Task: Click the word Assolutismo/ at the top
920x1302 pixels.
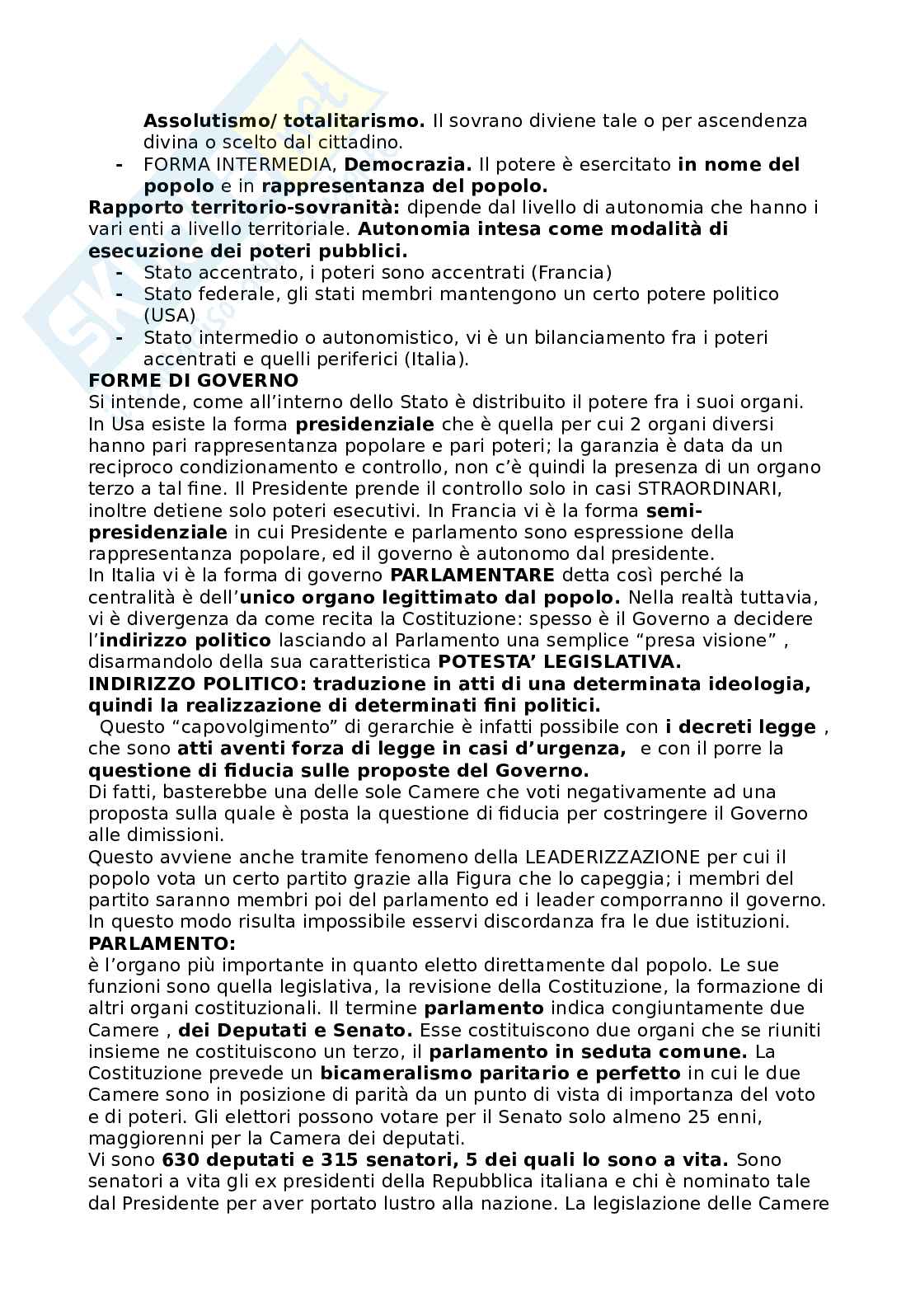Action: point(195,121)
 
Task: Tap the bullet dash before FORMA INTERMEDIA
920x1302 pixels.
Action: point(120,165)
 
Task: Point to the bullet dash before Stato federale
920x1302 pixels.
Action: point(120,294)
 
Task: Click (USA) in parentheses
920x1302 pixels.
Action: point(170,316)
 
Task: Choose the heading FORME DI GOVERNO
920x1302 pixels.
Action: point(193,380)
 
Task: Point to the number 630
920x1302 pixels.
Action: point(181,1159)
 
